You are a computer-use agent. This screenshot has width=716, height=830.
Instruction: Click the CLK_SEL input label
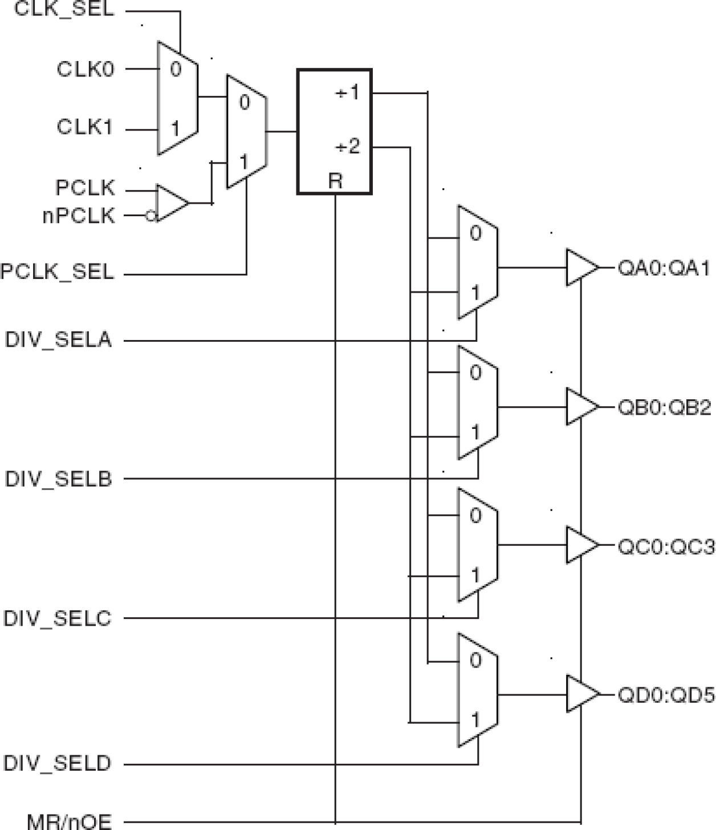point(64,9)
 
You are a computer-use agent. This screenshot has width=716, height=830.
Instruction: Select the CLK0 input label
point(86,69)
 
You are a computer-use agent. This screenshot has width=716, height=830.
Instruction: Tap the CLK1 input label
point(86,127)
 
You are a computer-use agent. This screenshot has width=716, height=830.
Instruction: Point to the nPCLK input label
point(79,216)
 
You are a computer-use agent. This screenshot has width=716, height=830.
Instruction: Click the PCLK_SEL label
point(57,272)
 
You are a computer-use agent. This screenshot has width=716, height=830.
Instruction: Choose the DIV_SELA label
point(58,340)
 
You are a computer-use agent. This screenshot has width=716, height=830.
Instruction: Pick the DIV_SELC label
point(58,618)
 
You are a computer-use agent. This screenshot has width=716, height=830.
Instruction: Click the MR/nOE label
point(69,821)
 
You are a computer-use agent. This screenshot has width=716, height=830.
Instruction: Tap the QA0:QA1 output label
point(664,268)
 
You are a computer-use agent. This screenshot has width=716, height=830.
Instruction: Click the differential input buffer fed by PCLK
point(170,203)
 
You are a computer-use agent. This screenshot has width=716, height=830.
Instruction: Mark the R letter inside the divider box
point(335,181)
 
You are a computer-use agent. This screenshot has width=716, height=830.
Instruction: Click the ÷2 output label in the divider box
point(348,147)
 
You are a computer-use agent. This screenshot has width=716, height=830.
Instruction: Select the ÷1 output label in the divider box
point(348,92)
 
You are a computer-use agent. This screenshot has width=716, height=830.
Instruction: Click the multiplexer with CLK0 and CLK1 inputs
point(177,98)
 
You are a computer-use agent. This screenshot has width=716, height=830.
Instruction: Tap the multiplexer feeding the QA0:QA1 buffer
point(478,262)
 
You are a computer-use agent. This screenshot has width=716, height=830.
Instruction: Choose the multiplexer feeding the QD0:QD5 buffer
point(478,690)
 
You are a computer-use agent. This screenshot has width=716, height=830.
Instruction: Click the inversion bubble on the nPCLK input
point(150,217)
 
